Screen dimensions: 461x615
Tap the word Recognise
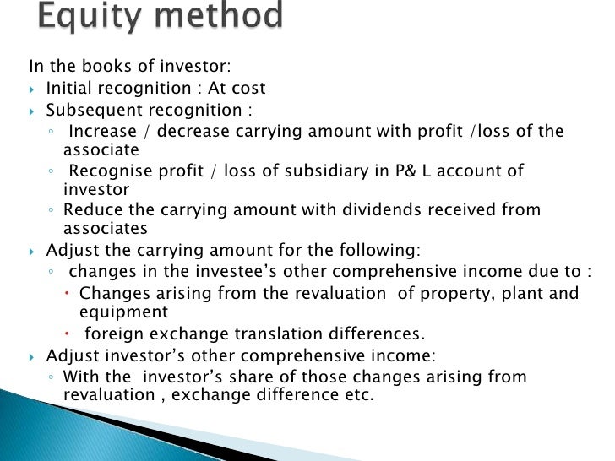point(111,171)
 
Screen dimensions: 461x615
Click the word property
point(452,294)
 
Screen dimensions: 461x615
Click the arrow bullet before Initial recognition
point(33,89)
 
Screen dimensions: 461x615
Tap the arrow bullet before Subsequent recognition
point(33,111)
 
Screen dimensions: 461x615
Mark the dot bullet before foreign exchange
point(69,333)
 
